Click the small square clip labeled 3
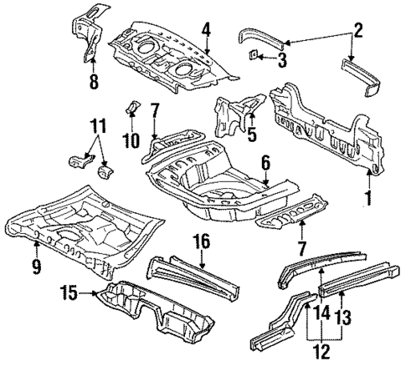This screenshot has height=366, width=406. [x=253, y=57]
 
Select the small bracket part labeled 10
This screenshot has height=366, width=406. [x=131, y=111]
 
